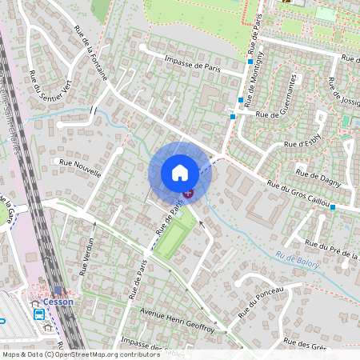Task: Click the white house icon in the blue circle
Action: (180, 173)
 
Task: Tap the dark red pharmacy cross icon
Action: (188, 193)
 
